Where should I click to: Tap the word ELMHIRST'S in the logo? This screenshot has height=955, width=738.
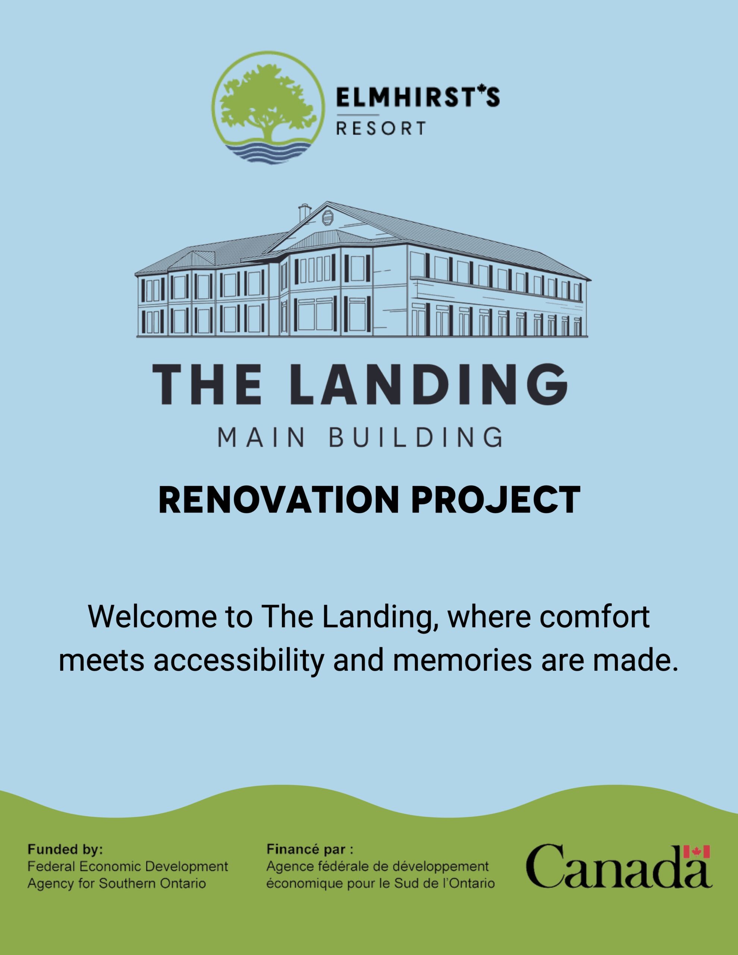(x=418, y=97)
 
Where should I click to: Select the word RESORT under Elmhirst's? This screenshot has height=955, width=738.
(x=380, y=129)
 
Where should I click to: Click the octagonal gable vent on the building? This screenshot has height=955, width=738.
(x=327, y=218)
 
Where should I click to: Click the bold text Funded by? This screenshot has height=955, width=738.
(x=65, y=850)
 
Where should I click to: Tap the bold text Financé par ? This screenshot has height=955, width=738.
(x=310, y=850)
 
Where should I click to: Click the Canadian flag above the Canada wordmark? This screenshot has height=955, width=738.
(x=697, y=852)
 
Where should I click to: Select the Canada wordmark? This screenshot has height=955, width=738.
(x=619, y=866)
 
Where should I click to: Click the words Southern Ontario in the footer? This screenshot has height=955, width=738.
(x=152, y=883)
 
